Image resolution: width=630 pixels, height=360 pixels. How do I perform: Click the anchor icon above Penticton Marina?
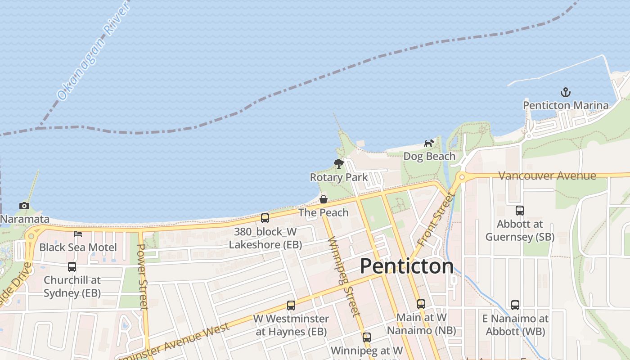(x=565, y=93)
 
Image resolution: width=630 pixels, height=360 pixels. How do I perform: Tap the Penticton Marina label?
(x=566, y=106)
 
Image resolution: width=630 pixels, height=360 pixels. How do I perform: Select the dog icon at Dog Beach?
(x=429, y=144)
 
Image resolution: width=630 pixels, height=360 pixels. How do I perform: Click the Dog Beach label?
(x=429, y=157)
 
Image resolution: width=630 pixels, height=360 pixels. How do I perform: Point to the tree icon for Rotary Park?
(x=339, y=164)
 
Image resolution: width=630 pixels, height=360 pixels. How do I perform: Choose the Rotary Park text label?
(x=339, y=177)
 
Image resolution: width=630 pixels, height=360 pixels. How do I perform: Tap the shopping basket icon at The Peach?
(x=324, y=199)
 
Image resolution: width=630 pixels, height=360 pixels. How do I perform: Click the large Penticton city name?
(x=406, y=266)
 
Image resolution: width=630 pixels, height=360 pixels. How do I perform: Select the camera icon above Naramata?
(x=24, y=206)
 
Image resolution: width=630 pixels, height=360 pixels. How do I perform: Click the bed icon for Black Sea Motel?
(x=78, y=234)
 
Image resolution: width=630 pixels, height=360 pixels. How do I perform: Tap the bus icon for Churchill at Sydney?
(x=72, y=267)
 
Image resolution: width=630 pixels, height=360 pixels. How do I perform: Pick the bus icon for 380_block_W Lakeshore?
(x=265, y=218)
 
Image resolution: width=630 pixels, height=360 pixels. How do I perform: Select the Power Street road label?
(x=142, y=277)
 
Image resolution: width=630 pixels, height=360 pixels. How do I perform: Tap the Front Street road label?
(x=434, y=219)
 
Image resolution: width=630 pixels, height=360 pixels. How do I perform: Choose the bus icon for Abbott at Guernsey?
(x=520, y=211)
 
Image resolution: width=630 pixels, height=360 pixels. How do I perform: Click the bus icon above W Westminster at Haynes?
(x=291, y=306)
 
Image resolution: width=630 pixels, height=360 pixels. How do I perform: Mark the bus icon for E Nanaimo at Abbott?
(x=515, y=305)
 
